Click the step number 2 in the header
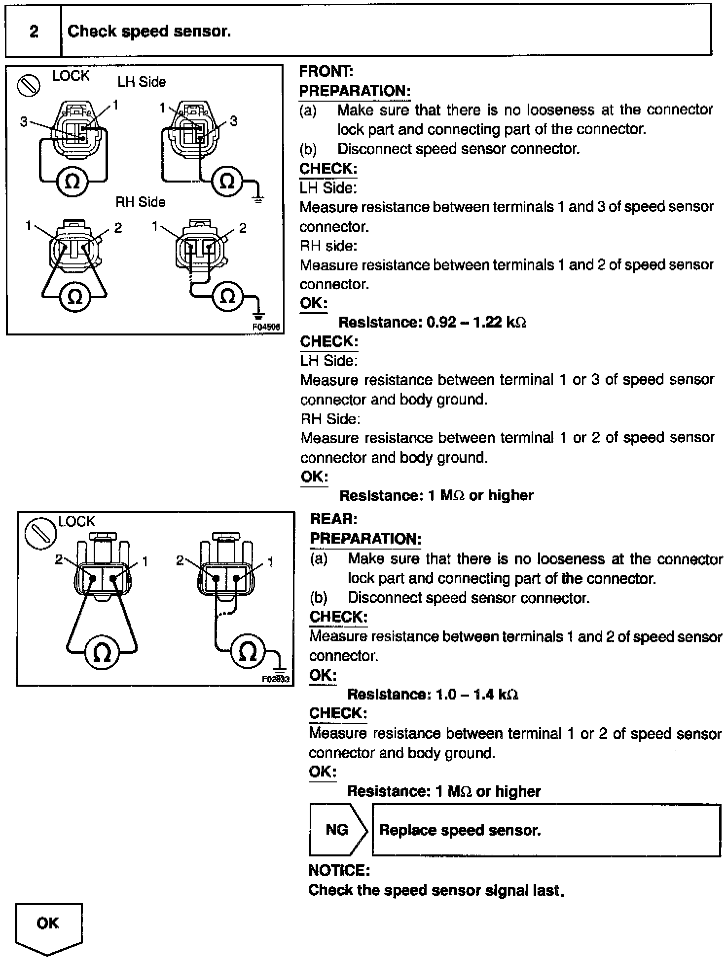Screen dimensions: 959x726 34,32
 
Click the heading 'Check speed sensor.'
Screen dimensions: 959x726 149,32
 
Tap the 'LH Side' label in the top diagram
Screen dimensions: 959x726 142,82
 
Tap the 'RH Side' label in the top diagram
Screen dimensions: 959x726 140,202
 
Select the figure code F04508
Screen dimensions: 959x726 266,327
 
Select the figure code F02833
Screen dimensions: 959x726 276,679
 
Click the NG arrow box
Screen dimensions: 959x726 338,830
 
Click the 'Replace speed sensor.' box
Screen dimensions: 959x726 545,830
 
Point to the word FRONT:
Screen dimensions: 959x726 326,72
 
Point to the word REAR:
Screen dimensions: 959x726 333,519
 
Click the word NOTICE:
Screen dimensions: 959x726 339,871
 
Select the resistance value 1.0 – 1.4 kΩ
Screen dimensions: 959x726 476,695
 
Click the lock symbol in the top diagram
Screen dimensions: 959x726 29,85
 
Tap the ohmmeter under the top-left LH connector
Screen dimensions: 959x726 73,182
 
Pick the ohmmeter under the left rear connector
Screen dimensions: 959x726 102,653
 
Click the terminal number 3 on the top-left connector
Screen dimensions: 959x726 24,121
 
